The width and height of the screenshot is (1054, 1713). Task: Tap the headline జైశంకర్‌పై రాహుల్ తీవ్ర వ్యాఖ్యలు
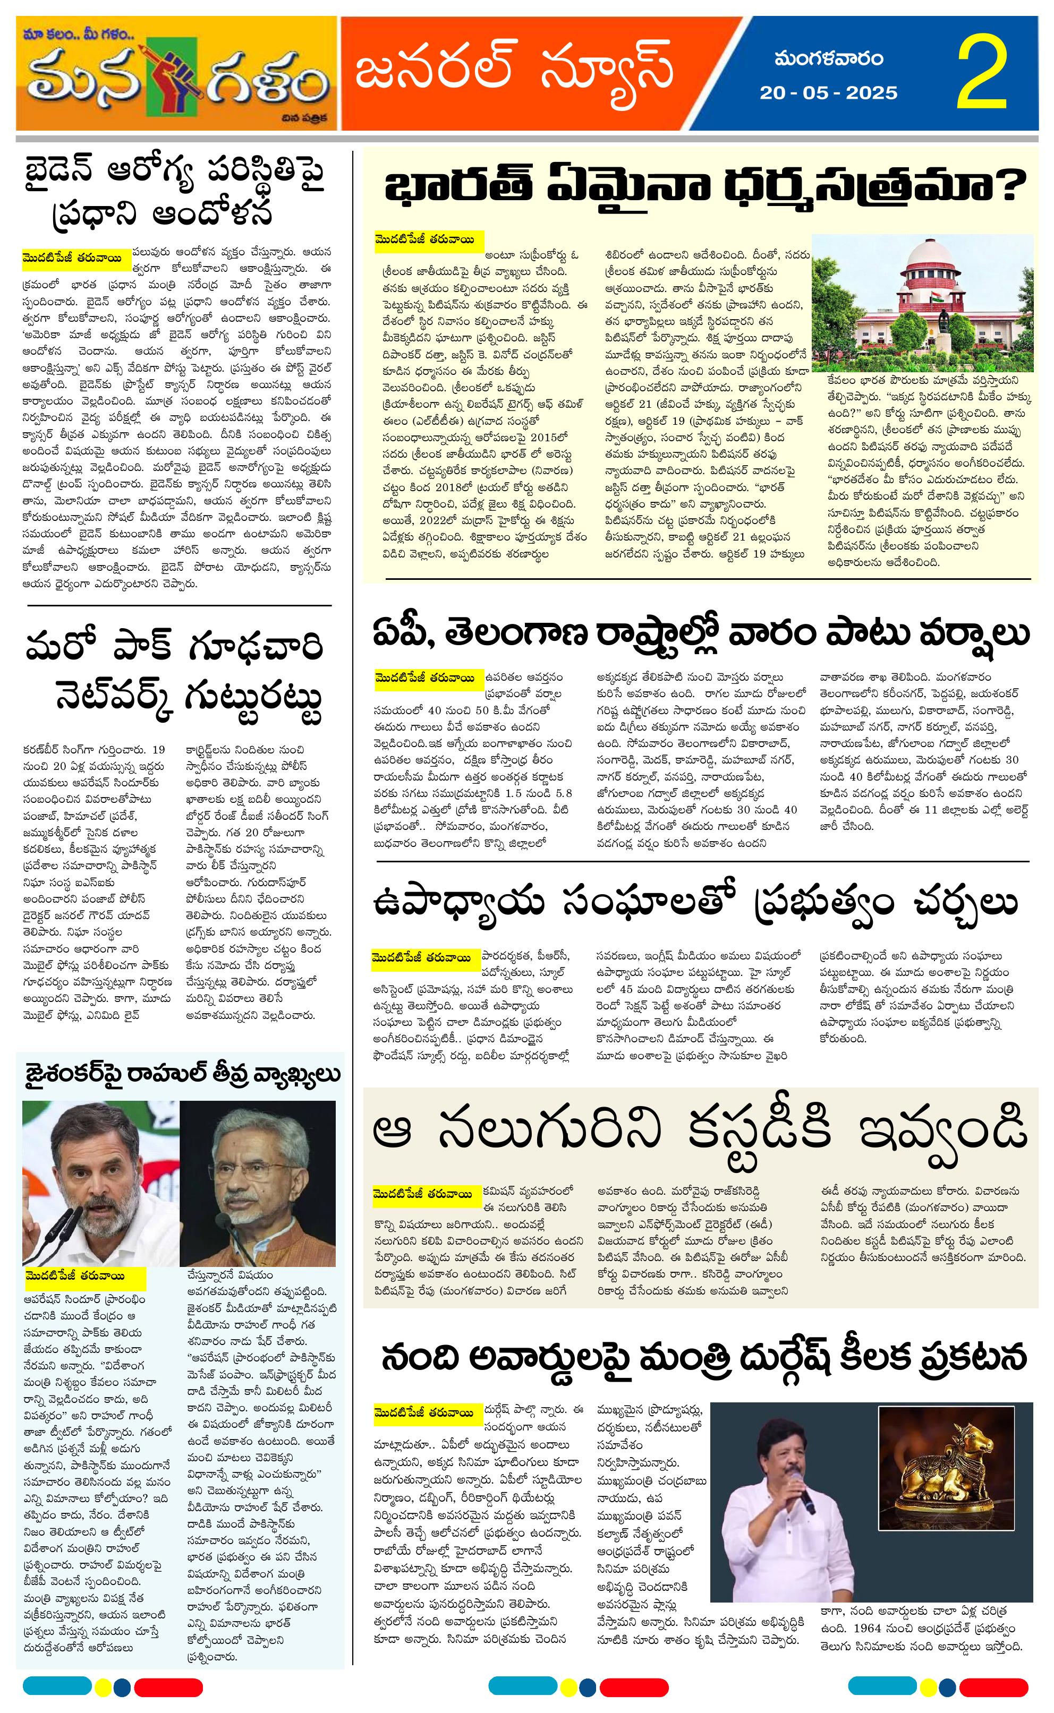click(183, 1074)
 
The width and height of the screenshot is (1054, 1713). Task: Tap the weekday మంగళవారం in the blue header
click(828, 60)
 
